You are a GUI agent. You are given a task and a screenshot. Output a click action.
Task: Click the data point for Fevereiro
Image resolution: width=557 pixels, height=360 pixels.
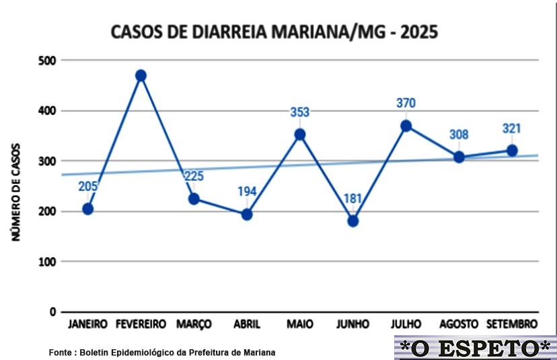click(x=141, y=75)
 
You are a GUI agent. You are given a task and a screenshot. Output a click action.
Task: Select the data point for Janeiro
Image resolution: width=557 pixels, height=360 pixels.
click(x=87, y=209)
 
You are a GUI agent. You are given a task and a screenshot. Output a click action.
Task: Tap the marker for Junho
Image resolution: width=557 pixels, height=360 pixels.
click(x=352, y=221)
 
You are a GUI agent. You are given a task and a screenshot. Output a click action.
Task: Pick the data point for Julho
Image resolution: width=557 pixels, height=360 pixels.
click(x=406, y=126)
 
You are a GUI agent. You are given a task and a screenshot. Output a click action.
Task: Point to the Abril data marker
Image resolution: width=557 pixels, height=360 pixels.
click(x=247, y=214)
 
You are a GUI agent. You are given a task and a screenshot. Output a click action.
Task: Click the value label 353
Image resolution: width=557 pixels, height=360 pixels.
click(x=299, y=112)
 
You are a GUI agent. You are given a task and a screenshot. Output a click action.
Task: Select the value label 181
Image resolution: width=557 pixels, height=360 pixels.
click(x=352, y=199)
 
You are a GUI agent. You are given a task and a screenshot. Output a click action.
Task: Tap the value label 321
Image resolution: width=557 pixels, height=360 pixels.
click(x=511, y=129)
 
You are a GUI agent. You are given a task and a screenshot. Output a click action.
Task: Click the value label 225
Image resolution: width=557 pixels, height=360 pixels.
click(x=194, y=177)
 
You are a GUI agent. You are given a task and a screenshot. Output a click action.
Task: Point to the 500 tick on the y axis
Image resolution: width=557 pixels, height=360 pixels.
click(x=46, y=61)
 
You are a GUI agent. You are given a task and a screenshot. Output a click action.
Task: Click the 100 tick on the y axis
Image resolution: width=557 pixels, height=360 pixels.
click(x=46, y=261)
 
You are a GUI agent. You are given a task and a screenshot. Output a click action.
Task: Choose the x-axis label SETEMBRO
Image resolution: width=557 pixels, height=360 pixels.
click(x=511, y=324)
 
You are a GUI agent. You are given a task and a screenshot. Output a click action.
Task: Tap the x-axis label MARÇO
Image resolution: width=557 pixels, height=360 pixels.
click(x=194, y=324)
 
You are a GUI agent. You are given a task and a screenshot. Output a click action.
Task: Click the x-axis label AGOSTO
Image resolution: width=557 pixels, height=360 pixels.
click(x=459, y=324)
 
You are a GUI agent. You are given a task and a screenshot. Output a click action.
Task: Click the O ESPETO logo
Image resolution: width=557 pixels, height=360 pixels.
click(x=475, y=347)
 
